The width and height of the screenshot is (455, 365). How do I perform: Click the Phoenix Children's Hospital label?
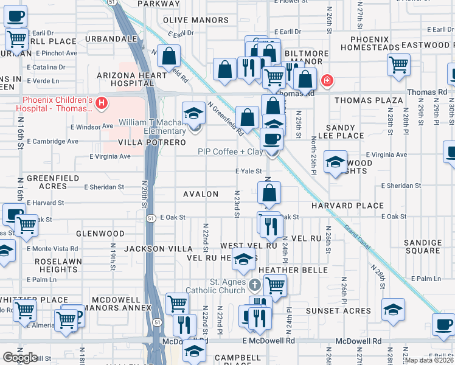57,105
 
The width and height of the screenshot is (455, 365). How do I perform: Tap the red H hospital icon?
102,105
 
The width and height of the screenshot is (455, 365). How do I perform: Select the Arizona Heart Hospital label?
131,80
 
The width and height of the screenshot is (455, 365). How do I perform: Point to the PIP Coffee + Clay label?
229,151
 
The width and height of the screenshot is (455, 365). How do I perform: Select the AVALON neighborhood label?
201,194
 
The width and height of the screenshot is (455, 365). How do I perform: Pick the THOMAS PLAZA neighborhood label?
369,100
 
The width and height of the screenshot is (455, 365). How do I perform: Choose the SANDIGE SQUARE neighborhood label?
422,246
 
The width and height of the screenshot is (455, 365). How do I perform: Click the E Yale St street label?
249,172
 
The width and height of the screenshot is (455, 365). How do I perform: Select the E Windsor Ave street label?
92,127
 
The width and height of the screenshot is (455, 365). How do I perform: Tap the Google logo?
19,358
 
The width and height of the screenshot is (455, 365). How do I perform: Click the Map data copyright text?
429,360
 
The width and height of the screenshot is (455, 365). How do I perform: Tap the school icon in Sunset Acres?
394,310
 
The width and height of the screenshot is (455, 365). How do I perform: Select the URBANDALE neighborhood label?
111,38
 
